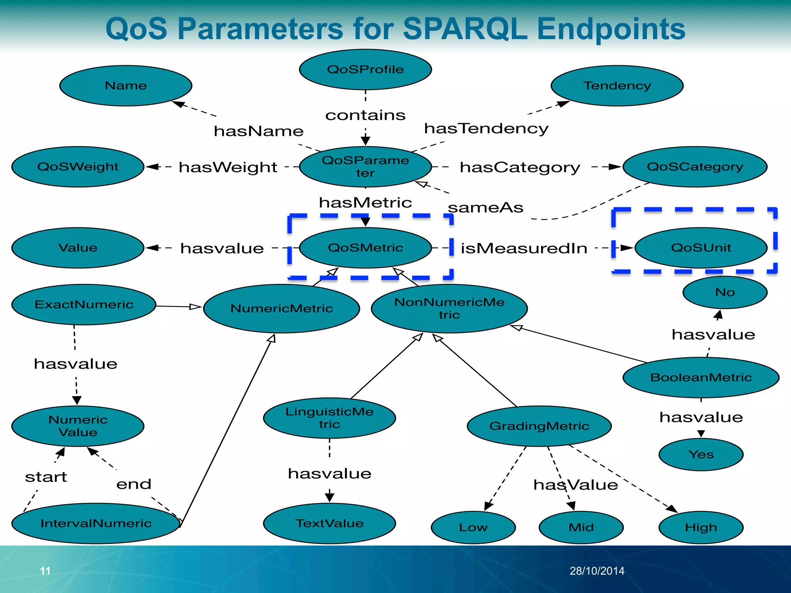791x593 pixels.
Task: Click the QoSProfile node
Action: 365,69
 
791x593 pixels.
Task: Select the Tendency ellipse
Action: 617,86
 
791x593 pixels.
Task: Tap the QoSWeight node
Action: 78,167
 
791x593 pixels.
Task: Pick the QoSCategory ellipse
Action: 694,167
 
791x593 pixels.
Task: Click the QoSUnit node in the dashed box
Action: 701,248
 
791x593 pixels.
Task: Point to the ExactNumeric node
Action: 84,305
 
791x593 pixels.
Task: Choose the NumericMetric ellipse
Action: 282,308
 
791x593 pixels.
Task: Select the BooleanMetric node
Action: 701,377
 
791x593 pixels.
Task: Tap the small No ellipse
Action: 725,292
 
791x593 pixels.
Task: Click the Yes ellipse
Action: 701,454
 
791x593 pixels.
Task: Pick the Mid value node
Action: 581,527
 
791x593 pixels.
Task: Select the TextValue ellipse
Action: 329,524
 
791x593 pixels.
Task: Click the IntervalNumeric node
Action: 96,524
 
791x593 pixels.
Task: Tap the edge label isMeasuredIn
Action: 524,248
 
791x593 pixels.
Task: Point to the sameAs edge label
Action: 485,208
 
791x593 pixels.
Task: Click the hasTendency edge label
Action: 486,129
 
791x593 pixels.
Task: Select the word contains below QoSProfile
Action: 365,115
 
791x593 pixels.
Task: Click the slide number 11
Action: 45,571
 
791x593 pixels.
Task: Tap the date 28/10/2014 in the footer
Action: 597,571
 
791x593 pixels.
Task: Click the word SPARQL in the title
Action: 465,29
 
